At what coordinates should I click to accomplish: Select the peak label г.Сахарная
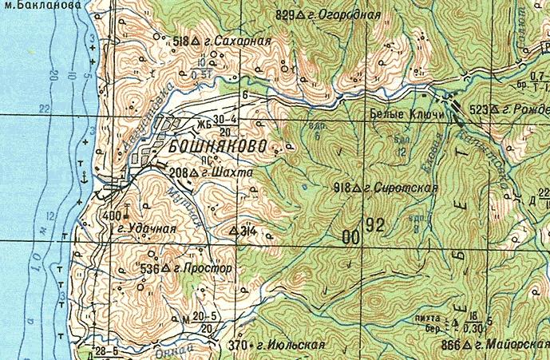point(239,40)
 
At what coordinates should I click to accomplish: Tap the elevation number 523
point(478,109)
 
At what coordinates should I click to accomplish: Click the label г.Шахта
point(227,172)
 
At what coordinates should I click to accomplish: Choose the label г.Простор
point(203,269)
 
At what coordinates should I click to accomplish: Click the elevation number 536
point(149,269)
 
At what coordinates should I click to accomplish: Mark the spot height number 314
point(247,231)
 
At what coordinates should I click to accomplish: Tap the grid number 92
point(375,227)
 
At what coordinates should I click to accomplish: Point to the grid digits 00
point(350,236)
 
